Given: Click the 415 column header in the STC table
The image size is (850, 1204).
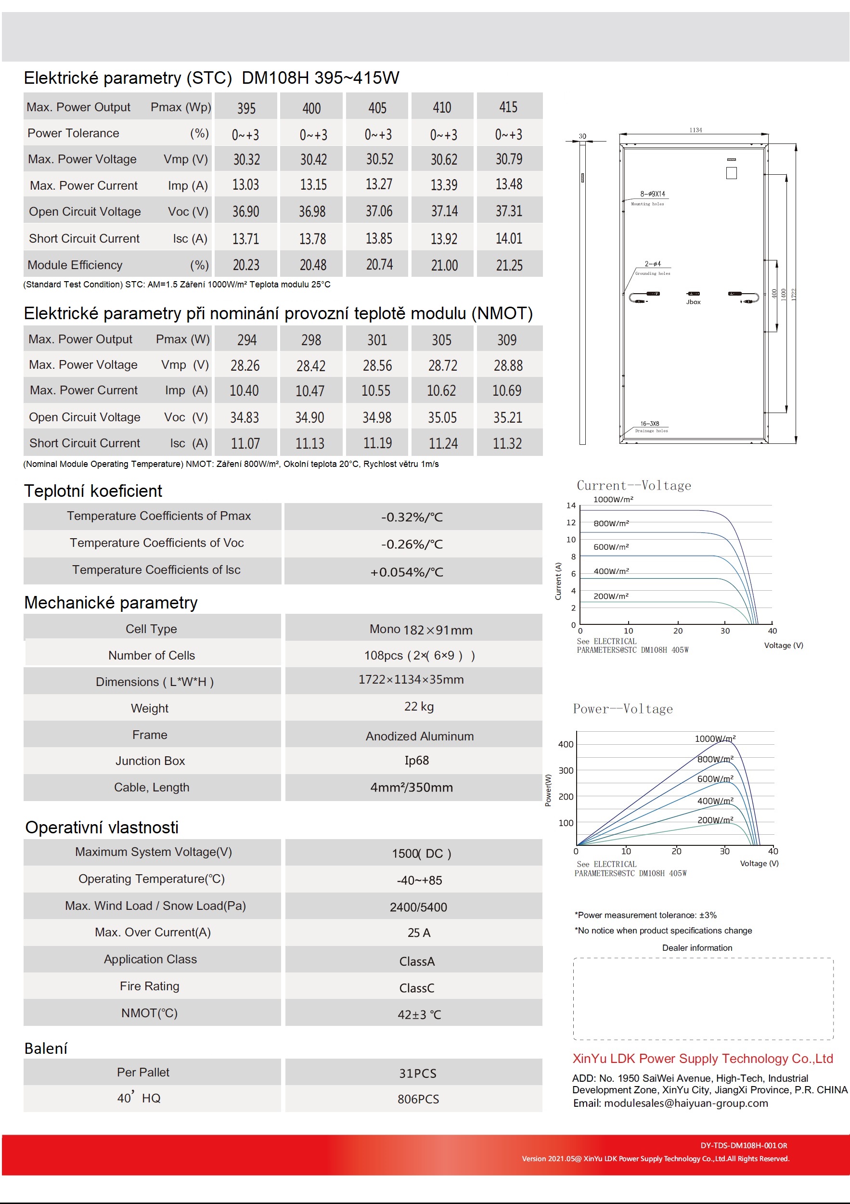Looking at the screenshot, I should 508,107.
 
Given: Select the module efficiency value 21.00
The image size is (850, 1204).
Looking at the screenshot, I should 444,265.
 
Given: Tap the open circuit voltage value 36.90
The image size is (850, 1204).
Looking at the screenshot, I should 246,211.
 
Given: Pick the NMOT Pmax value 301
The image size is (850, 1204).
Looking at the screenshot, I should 377,340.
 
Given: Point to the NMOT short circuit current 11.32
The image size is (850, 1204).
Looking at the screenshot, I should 507,444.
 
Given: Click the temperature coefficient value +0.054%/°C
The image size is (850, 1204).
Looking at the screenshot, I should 407,572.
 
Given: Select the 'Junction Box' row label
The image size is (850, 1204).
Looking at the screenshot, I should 150,761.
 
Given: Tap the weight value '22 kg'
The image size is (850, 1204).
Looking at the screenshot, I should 419,706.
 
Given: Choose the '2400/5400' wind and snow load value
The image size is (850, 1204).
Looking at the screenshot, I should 418,907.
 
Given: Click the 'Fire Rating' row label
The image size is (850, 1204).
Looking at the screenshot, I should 149,986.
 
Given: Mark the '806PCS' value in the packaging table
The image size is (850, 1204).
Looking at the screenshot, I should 418,1099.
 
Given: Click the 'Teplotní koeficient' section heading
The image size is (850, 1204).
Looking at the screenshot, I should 93,491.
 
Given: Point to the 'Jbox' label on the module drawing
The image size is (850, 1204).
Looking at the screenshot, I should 693,302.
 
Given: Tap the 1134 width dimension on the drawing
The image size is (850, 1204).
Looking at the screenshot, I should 695,130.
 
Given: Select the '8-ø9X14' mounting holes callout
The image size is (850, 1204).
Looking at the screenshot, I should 652,194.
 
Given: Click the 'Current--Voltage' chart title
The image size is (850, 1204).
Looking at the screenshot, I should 633,486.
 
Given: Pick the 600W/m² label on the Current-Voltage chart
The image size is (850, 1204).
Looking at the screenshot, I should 611,547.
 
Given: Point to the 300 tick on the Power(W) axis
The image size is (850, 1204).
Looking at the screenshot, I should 566,770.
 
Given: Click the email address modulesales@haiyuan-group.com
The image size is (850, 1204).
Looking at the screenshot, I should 686,1103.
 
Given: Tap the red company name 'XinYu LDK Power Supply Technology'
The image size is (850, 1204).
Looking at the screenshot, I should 703,1059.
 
